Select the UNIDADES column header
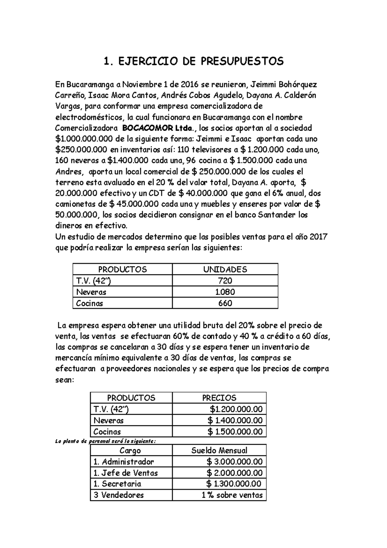[225, 269]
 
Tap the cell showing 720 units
[225, 281]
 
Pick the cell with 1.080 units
[225, 292]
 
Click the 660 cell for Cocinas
[225, 303]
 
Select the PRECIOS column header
[219, 398]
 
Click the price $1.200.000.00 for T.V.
[236, 409]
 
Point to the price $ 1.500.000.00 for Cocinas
[235, 431]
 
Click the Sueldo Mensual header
[219, 450]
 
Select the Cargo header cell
[130, 450]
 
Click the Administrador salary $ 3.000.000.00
[234, 462]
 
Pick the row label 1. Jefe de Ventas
[125, 473]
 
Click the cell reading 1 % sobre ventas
[232, 495]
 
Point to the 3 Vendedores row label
[118, 495]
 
